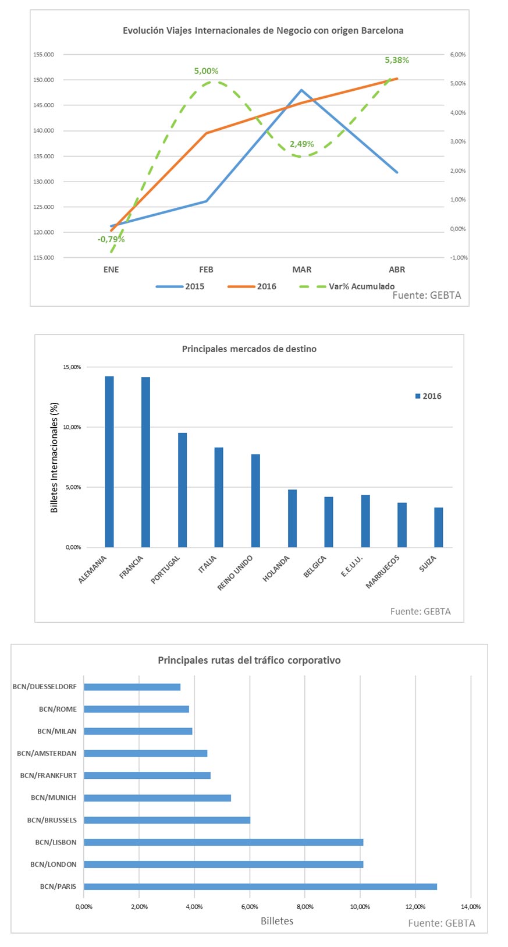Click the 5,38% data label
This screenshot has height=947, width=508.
point(397,60)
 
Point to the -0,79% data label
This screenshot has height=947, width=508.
point(111,239)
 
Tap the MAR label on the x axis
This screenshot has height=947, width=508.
point(301,269)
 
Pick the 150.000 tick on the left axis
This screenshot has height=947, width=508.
point(44,80)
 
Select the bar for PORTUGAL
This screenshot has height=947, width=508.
point(183,490)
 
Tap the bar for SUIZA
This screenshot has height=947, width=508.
point(438,527)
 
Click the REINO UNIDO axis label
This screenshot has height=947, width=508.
point(235,573)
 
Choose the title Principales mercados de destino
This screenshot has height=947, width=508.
point(249,349)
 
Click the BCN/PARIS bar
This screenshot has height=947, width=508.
point(260,886)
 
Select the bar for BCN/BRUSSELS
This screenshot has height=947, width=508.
point(167,820)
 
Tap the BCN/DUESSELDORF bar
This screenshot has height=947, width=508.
point(132,687)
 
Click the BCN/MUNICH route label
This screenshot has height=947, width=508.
point(54,797)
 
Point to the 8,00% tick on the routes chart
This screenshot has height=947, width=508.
point(305,907)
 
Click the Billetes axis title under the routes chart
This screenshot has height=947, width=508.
point(277,921)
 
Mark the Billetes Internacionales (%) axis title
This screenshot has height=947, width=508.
point(55,457)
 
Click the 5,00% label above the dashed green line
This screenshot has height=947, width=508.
point(206,71)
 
